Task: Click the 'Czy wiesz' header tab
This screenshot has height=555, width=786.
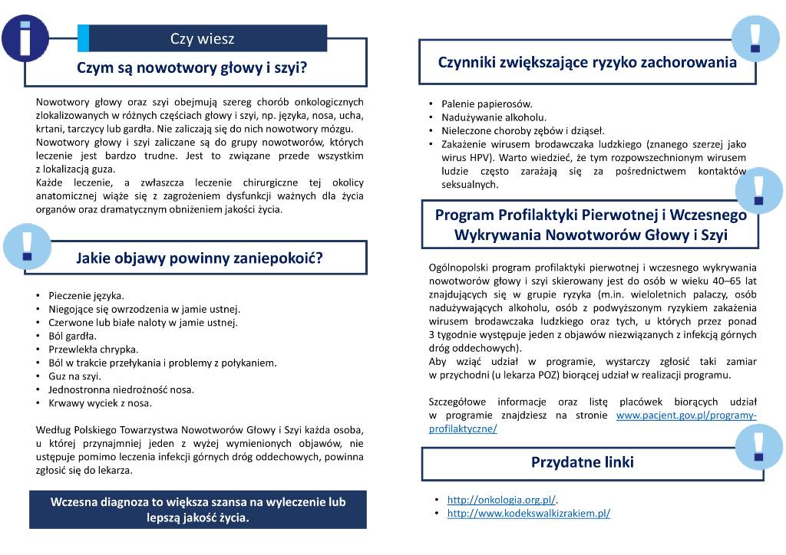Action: tap(203, 38)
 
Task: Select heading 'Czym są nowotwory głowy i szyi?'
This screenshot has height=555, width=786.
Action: tap(192, 67)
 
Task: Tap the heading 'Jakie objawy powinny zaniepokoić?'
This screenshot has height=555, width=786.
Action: tap(199, 258)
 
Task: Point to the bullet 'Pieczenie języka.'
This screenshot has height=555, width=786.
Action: tap(86, 295)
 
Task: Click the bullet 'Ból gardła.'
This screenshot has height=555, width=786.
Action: tap(72, 336)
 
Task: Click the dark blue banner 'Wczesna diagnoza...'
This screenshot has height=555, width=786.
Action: tap(197, 510)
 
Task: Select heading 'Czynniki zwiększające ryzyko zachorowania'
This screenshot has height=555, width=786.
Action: tap(587, 63)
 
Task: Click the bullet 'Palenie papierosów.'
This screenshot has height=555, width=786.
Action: tap(487, 103)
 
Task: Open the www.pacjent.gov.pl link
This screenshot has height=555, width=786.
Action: tap(686, 415)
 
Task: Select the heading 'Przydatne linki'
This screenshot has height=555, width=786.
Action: tap(583, 462)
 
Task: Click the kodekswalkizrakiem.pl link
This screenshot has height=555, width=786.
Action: tap(528, 514)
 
